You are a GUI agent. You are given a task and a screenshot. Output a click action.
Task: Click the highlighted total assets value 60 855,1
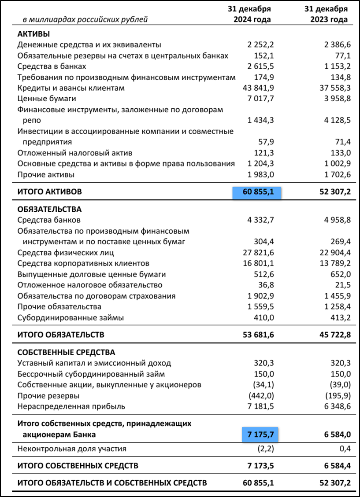(x=256, y=192)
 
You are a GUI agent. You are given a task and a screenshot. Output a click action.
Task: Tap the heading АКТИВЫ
(x=33, y=34)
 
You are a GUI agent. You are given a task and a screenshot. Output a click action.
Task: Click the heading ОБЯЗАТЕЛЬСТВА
(x=49, y=209)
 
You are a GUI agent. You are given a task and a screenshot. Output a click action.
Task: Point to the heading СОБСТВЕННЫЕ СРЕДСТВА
(x=66, y=353)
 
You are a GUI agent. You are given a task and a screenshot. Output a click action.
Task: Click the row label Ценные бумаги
(x=41, y=99)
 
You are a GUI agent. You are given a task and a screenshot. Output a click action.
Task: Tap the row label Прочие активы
(x=45, y=174)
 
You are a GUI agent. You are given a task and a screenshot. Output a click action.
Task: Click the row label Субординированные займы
(x=71, y=317)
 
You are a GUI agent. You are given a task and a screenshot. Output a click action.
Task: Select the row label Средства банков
(x=49, y=220)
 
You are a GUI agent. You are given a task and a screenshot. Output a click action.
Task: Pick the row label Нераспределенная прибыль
(x=71, y=406)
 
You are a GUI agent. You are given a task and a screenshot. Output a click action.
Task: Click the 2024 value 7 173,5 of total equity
(x=258, y=465)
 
